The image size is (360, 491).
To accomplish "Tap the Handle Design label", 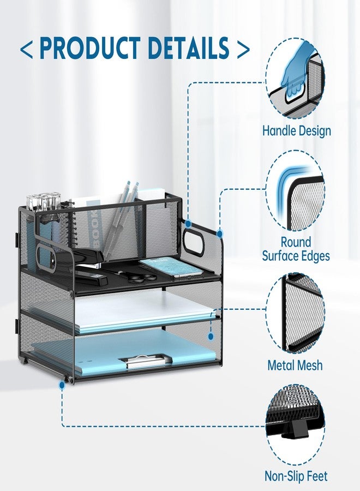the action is (296, 130).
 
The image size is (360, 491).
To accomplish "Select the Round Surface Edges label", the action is (296, 249).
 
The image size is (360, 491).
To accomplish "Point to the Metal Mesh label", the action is (295, 365).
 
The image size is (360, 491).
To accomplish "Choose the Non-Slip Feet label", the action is (296, 476).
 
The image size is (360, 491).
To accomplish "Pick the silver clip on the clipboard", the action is (145, 361).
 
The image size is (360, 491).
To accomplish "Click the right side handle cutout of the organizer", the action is (194, 240).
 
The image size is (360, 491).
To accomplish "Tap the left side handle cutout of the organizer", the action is (46, 256).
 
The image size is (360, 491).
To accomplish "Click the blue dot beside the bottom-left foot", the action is (62, 386).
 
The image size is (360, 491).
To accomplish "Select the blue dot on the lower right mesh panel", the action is (211, 336).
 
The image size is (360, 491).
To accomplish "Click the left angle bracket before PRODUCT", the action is (26, 49).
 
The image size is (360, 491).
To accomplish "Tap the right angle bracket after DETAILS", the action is (243, 49).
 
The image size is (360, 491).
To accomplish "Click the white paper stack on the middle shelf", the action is (144, 312).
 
